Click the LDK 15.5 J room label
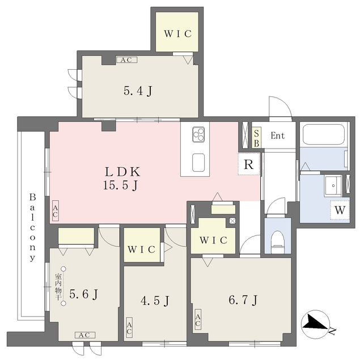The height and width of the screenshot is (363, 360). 122,179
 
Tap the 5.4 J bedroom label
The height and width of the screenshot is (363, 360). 138,91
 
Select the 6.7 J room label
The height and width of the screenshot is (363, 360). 243,300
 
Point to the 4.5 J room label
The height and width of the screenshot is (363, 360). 155,301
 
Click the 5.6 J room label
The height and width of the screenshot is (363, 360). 84,294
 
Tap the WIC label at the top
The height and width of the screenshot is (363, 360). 177,34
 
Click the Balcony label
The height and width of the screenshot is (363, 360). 33,228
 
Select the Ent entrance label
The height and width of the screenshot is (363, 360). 278,136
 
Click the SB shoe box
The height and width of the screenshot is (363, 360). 256,137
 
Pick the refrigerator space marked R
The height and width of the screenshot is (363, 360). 249,164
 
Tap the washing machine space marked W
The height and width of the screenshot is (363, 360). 340,210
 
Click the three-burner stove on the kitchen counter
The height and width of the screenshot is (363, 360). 198,134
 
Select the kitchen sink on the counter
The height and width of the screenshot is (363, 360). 198,163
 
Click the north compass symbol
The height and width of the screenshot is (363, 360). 315,324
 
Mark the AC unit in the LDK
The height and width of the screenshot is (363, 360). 55,210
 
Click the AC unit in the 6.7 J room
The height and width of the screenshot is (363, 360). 198,319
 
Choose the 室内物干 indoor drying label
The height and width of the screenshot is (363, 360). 57,286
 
